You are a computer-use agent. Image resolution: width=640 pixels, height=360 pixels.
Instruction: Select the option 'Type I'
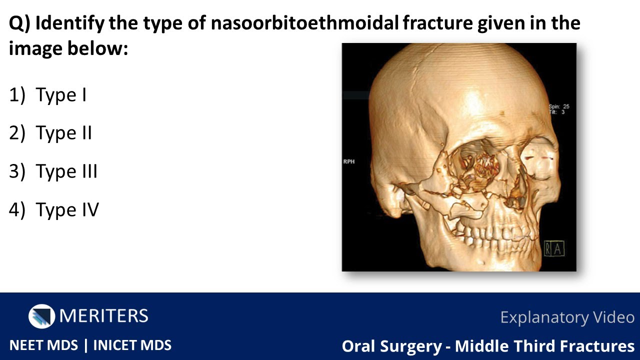coord(61,95)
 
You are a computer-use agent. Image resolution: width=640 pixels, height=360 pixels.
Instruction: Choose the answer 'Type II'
coord(63,133)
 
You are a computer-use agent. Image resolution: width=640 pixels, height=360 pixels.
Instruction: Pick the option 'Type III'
coord(66,171)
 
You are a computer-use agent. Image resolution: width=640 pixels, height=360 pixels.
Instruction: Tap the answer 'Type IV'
coord(67,210)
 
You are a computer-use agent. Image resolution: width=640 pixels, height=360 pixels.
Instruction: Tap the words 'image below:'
coord(68,48)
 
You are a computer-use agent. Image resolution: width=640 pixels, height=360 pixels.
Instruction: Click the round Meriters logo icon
coord(41,316)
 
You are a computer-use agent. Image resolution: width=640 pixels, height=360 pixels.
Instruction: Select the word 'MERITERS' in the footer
coord(103,316)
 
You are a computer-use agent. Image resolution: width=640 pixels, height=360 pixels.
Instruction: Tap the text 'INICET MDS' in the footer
coord(132,345)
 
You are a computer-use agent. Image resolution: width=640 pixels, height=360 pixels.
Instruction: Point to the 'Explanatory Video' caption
coord(567,317)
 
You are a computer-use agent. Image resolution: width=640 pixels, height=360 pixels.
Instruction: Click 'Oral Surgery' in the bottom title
coord(392,346)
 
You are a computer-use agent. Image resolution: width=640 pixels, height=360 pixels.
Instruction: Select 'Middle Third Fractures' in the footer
coord(544,346)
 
